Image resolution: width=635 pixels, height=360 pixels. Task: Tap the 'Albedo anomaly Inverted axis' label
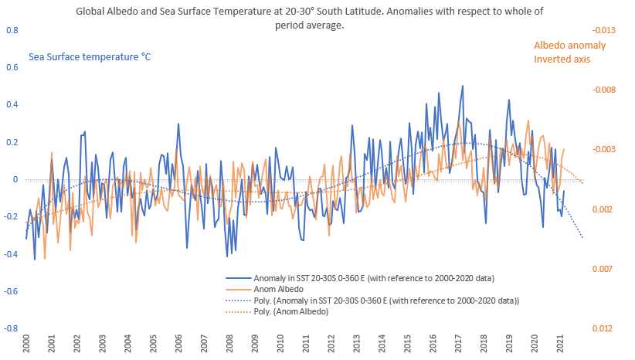pyautogui.click(x=570, y=52)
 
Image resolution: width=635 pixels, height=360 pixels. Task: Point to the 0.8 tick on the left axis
pyautogui.click(x=12, y=30)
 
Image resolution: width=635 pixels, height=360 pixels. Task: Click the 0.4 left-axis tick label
pyautogui.click(x=12, y=105)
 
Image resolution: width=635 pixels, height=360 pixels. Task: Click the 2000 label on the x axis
pyautogui.click(x=26, y=344)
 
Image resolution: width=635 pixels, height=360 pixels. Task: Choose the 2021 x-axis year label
pyautogui.click(x=558, y=344)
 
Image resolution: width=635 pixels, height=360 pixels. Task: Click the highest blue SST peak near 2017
pyautogui.click(x=463, y=86)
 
